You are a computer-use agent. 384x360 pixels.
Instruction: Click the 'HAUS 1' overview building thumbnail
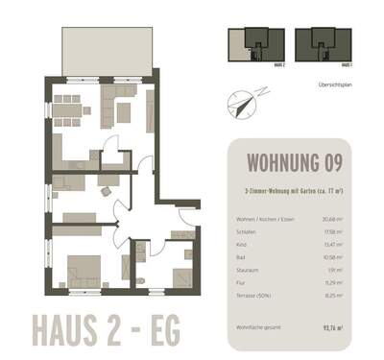[318, 44]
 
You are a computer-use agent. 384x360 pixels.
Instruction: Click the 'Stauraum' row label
[246, 271]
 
